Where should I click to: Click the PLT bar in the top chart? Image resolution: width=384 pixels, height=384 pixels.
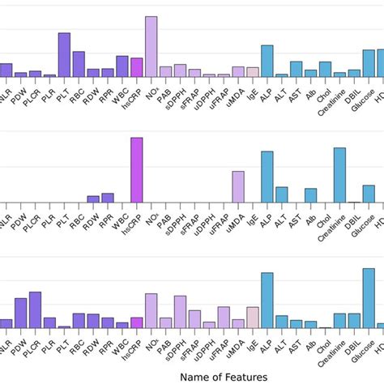[x=64, y=55]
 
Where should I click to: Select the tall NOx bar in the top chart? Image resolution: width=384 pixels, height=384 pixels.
[x=151, y=47]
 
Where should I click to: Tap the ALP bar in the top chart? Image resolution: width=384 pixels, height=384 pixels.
[x=267, y=61]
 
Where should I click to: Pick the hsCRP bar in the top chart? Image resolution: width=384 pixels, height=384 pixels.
[x=137, y=67]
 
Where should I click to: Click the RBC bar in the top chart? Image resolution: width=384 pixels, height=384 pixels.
[x=79, y=64]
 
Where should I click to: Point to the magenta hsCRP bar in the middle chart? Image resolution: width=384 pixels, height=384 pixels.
[x=137, y=170]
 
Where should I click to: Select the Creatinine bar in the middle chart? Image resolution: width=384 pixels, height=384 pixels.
[x=339, y=175]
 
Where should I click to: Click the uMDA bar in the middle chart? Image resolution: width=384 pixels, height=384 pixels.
[x=238, y=186]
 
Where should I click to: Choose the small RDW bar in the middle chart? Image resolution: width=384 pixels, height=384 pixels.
[x=93, y=198]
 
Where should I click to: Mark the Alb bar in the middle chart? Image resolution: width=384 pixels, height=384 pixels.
[x=310, y=195]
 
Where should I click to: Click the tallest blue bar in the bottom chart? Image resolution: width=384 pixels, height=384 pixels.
[x=267, y=300]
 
